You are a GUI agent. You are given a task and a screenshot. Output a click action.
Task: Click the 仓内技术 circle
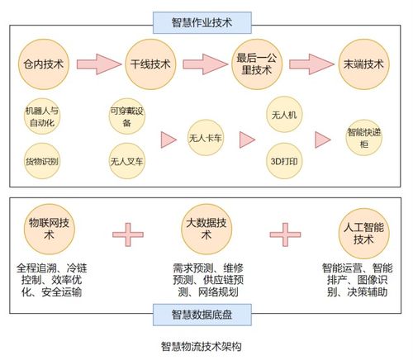pyautogui.click(x=45, y=64)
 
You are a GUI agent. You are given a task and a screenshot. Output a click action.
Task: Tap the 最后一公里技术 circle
pyautogui.click(x=255, y=64)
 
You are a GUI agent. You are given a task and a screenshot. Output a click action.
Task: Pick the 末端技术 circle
pyautogui.click(x=363, y=64)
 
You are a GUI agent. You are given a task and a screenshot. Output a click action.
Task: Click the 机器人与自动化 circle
pyautogui.click(x=43, y=116)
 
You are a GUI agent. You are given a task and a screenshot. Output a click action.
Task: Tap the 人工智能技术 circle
pyautogui.click(x=363, y=233)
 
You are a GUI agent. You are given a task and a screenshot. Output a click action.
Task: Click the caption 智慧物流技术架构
pyautogui.click(x=202, y=348)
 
